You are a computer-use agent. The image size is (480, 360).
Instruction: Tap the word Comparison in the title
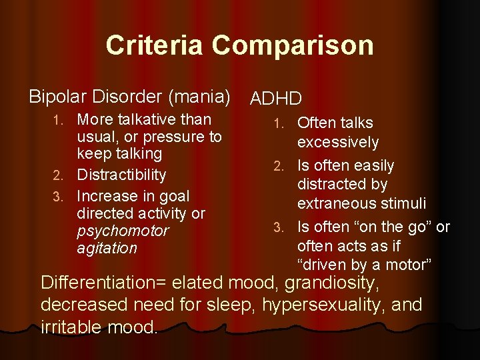(293, 45)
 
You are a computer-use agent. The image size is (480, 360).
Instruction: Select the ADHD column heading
(276, 99)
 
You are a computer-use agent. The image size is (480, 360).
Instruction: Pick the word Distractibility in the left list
(121, 175)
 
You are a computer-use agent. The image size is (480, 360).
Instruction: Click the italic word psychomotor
(123, 231)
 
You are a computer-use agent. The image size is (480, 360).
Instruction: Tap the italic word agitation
(107, 248)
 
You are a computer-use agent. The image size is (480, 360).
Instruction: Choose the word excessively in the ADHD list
(338, 142)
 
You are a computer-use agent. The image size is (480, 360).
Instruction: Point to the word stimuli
(402, 202)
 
